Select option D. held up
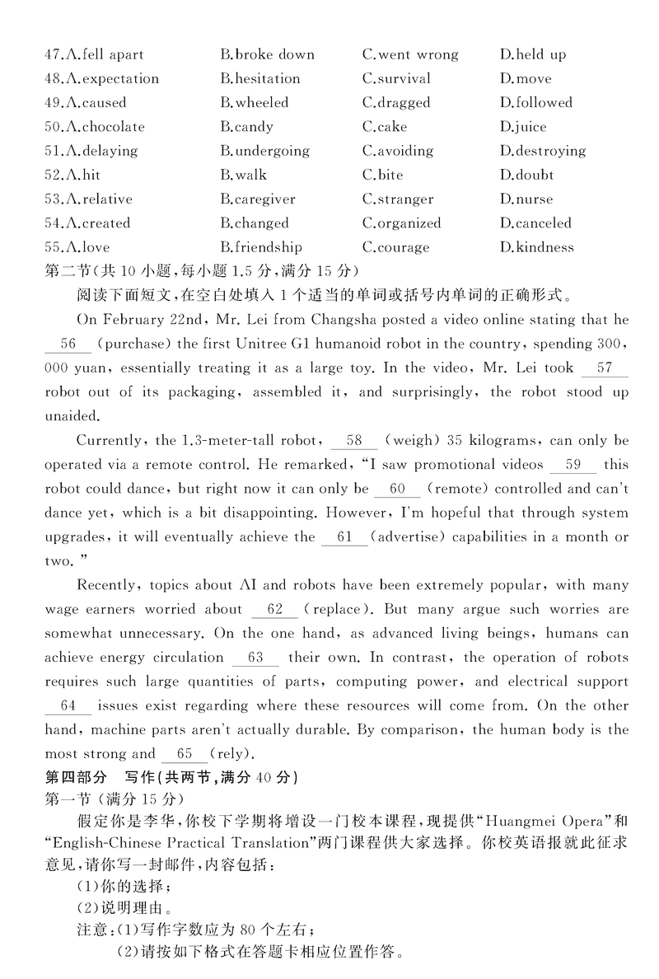click(x=532, y=55)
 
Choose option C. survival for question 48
click(x=396, y=79)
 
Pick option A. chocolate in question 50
click(x=95, y=127)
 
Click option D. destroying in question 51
click(x=542, y=151)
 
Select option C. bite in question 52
click(x=383, y=175)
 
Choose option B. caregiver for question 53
click(x=257, y=199)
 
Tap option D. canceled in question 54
click(x=535, y=222)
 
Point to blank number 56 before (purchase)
click(x=68, y=344)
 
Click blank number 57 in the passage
click(x=605, y=368)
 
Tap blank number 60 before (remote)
click(x=398, y=489)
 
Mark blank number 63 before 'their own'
click(x=255, y=658)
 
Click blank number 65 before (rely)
click(x=185, y=754)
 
